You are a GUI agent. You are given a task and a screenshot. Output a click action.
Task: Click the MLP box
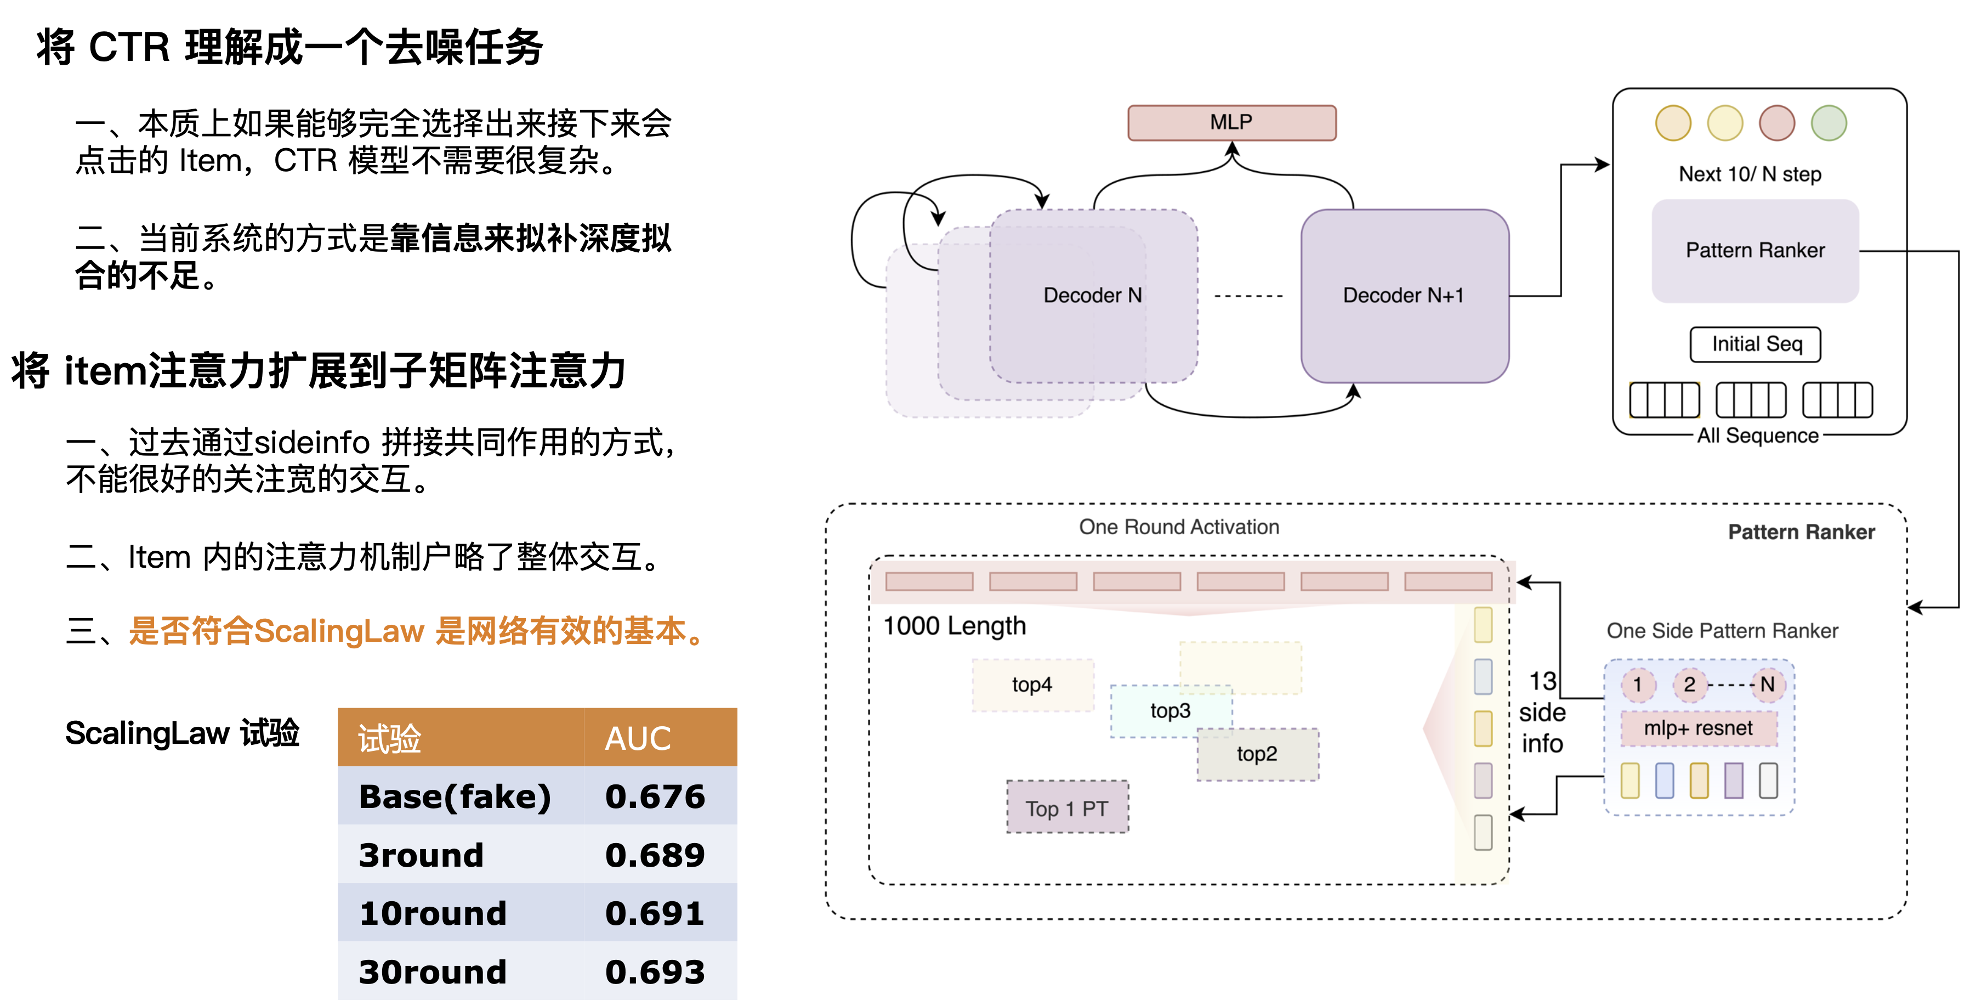pos(1231,123)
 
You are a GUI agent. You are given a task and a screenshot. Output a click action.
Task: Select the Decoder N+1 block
pos(1404,296)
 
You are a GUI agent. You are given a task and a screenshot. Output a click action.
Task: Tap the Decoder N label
pos(1092,296)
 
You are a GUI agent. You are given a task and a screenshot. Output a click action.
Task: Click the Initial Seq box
pos(1756,344)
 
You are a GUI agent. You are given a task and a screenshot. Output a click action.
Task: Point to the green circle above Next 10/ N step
pos(1829,123)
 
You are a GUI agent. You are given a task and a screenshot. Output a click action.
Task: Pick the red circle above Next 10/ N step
pos(1776,123)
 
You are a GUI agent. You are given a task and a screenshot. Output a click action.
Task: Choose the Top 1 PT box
pos(1067,808)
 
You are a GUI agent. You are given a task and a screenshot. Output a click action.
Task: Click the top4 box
pos(1032,685)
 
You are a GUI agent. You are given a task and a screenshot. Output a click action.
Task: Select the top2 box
pos(1257,754)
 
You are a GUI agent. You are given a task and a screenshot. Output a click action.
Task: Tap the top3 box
pos(1171,710)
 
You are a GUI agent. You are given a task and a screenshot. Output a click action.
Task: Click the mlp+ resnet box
pos(1699,728)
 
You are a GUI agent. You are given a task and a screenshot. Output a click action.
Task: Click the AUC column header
pos(638,738)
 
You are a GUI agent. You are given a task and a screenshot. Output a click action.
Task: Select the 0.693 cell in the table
pos(654,971)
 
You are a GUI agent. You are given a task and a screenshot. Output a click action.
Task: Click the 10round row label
pos(433,913)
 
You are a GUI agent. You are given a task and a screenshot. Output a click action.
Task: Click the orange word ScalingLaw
pos(338,631)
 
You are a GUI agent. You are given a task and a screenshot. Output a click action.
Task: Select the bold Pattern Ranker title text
pos(1801,532)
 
